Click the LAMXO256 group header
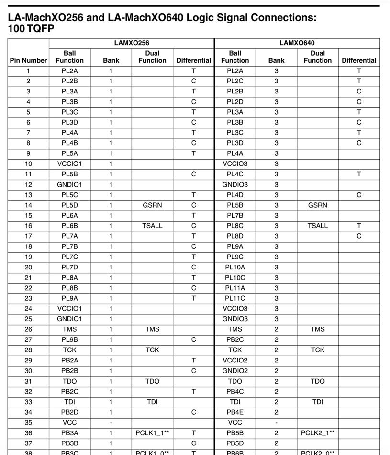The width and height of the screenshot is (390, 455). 132,43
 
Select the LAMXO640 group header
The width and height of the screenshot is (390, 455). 297,43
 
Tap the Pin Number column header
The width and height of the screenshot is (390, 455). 28,60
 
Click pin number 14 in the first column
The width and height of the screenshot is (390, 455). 28,205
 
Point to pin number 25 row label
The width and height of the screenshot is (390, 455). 28,319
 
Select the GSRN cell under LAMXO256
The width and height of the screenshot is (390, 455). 152,205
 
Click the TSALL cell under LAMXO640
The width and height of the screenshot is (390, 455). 318,226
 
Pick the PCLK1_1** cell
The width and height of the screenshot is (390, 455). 152,433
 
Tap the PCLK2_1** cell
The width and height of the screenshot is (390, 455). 318,433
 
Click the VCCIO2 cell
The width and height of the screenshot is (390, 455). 235,360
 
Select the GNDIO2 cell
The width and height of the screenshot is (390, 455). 235,371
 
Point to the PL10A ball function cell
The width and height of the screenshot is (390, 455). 235,267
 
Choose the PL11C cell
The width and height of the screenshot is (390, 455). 235,298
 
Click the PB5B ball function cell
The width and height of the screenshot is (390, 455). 235,433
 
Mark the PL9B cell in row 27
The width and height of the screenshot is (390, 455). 69,339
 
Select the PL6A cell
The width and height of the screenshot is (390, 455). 69,215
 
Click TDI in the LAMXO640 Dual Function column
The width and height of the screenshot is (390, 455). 318,402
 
